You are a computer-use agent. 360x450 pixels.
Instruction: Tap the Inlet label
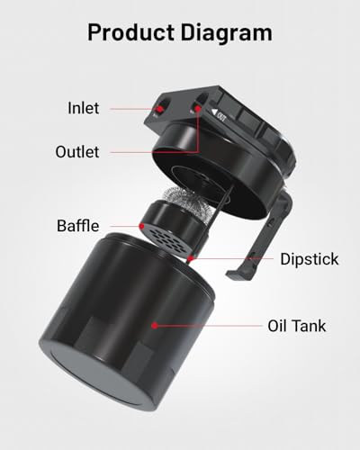tap(84, 108)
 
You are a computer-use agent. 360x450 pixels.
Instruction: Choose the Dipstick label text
tap(308, 259)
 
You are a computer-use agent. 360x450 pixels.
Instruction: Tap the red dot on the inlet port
tap(159, 109)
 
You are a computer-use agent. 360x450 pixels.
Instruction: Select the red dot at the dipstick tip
tap(191, 259)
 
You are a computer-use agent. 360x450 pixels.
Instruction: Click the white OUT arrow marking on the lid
tap(220, 114)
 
